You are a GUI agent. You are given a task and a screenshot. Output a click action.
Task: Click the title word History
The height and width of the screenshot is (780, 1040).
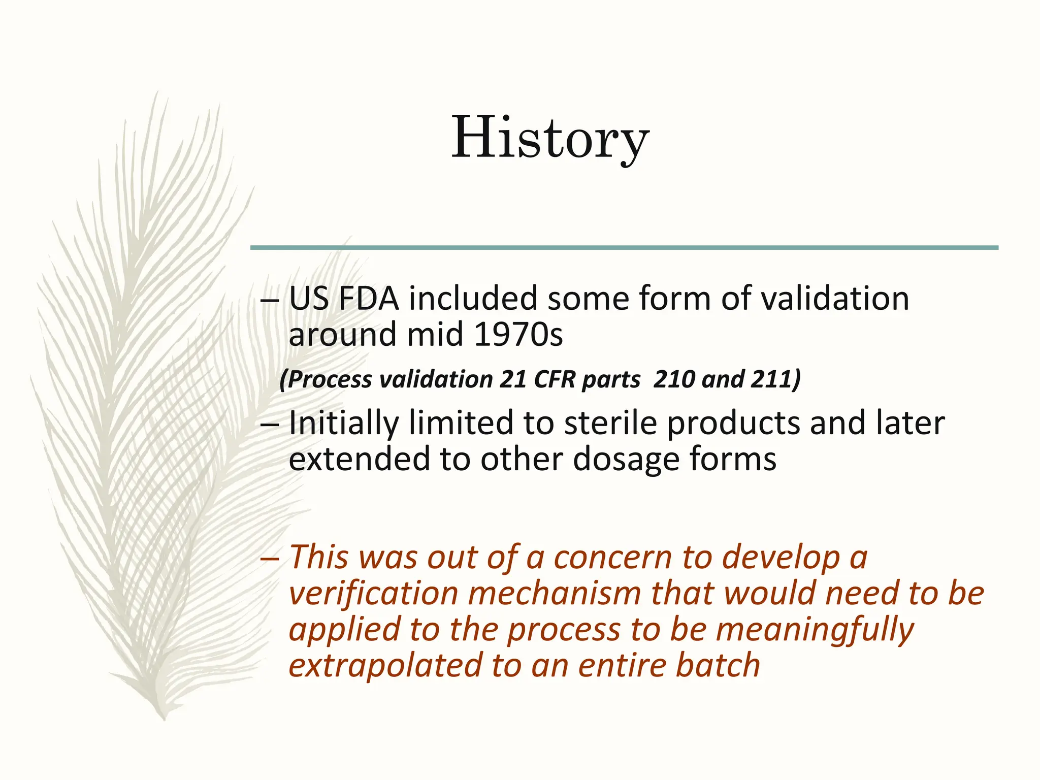coord(550,138)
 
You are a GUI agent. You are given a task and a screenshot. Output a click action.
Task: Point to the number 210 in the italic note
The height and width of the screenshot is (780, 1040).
coord(673,379)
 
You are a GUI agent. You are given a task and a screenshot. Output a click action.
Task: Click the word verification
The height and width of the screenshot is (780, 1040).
coord(374,593)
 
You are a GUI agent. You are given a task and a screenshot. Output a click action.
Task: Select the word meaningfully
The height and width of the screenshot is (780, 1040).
coord(815,630)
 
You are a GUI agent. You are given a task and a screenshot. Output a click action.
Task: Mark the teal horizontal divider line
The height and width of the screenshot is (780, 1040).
coord(624,248)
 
